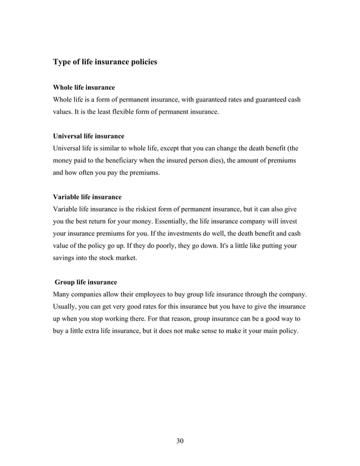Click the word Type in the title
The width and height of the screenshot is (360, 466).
63,61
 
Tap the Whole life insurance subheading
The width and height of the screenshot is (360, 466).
84,88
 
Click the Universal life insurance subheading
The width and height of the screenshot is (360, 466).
89,137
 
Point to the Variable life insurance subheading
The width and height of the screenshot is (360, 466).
87,197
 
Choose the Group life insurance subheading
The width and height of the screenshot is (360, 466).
86,282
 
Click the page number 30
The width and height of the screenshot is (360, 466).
180,441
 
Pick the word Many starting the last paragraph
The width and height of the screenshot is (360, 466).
63,294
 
